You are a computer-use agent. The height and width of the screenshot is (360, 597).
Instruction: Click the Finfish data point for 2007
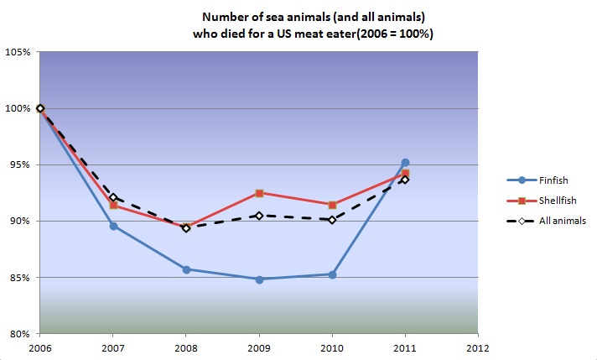coord(112,226)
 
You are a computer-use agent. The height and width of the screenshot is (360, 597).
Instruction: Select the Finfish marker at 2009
coord(259,279)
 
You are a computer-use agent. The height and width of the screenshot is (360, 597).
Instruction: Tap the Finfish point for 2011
coord(405,162)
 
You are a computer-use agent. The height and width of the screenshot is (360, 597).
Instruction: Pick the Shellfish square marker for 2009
coord(259,193)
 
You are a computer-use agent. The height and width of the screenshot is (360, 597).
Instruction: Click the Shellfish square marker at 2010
coord(332,205)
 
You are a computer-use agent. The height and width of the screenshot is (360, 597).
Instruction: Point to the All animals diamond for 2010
coord(332,219)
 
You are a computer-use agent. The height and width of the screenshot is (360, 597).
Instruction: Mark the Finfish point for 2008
coord(186,269)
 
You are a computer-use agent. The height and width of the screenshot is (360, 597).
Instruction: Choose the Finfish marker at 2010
coord(332,274)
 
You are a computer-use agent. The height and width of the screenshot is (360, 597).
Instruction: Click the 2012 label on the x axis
coord(478,347)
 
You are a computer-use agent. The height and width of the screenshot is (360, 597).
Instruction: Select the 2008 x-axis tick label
coord(186,347)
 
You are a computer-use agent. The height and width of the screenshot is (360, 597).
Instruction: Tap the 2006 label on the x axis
coord(39,347)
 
